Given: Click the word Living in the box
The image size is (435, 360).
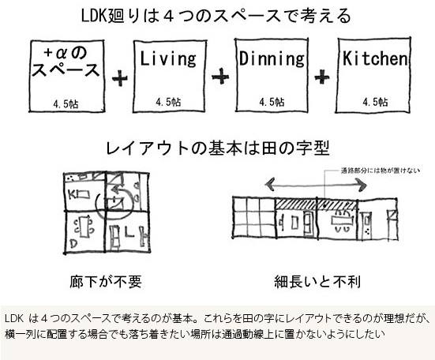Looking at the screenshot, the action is point(168,58).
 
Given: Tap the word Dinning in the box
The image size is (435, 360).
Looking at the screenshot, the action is point(272,58).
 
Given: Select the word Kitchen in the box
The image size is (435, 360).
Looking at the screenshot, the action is point(375,58).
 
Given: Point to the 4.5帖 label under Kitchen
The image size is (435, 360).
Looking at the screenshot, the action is point(375,102).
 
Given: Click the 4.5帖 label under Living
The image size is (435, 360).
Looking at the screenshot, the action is point(168,102).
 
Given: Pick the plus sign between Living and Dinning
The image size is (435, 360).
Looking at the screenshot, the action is point(220,76).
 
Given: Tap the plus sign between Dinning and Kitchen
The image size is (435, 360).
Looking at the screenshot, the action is point(322,76).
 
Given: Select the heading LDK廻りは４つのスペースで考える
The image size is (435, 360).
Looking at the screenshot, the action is point(216,16).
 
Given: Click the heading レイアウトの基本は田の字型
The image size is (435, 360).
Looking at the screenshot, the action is point(218,148).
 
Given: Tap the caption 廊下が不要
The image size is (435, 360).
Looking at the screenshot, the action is point(106,281).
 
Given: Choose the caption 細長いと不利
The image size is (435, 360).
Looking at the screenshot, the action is point(317,281).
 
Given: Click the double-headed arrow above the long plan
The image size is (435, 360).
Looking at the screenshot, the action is point(316,185).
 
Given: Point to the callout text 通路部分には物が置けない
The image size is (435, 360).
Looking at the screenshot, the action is point(380,171).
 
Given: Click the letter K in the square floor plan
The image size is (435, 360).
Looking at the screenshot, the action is point(72,195).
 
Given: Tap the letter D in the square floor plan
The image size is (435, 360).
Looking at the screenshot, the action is point(73,243).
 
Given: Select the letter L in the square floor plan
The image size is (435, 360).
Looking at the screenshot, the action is point(129,232).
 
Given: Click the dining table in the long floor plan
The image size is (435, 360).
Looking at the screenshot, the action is point(342,221).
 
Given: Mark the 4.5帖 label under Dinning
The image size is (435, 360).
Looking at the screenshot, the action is point(272,102).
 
